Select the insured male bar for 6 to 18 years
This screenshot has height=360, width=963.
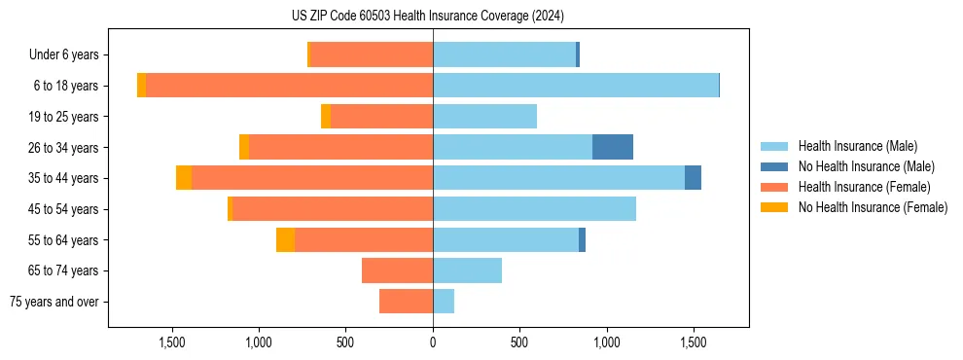tap(576, 86)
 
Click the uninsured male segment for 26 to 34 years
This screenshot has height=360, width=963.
tap(613, 147)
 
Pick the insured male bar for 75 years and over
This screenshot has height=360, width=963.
tap(444, 302)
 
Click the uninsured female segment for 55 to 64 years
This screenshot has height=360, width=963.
tap(285, 240)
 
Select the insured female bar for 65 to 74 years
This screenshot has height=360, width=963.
tap(397, 270)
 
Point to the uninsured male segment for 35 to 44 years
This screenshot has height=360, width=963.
tap(693, 178)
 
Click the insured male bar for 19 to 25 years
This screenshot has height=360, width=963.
tap(484, 117)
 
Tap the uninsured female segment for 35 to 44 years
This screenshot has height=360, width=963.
tap(184, 178)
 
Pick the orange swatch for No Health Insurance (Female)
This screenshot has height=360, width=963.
tap(775, 207)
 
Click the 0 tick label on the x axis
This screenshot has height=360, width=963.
tap(433, 343)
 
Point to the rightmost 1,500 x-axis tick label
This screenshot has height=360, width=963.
tap(693, 343)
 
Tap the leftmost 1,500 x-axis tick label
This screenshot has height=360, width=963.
tap(172, 343)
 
